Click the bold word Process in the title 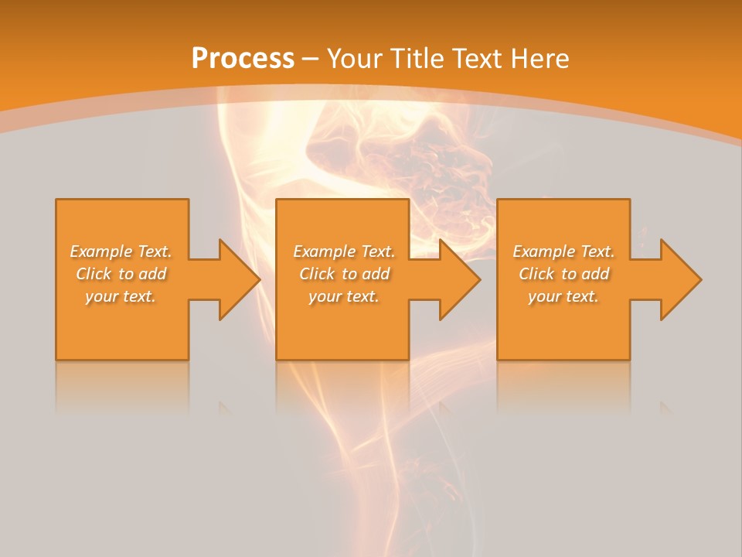(243, 59)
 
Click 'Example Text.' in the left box (121, 251)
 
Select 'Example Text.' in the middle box (343, 251)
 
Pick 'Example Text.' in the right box (563, 251)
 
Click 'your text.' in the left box (121, 296)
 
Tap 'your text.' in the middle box (343, 296)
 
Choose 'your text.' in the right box (563, 296)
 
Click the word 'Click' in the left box (94, 274)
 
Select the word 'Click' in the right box (536, 274)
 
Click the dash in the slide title (310, 59)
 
